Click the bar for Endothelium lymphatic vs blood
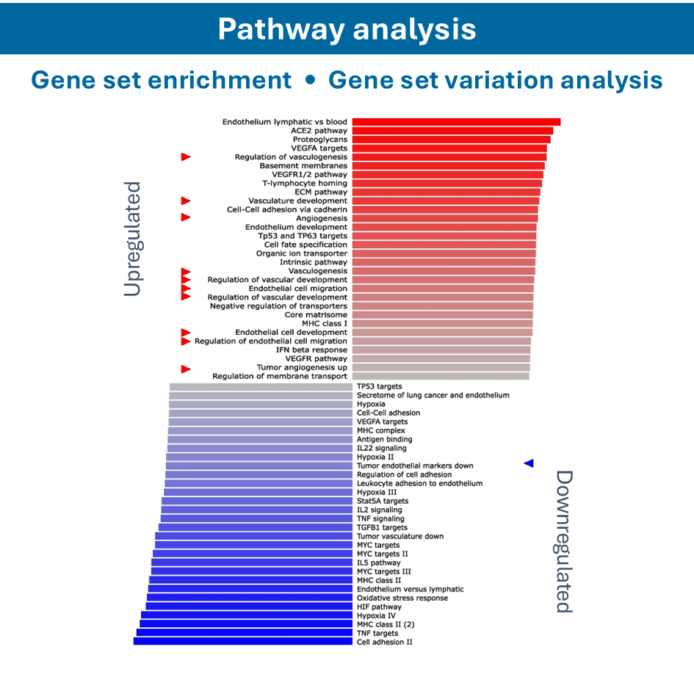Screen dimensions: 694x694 [x=455, y=122]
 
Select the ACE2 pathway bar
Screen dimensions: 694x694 [x=452, y=131]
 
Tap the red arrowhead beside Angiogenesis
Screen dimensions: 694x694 [x=186, y=217]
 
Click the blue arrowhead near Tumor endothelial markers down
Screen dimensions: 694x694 [x=529, y=463]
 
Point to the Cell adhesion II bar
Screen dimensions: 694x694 [x=243, y=642]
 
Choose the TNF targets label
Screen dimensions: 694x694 [x=377, y=633]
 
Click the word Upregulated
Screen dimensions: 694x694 [x=132, y=239]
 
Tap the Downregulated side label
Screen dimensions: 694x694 [x=563, y=541]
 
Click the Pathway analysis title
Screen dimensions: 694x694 [x=347, y=29]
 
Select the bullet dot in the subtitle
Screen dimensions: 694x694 [x=310, y=80]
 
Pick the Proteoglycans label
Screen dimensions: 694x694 [x=320, y=140]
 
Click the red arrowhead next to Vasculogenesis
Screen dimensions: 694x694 [x=186, y=272]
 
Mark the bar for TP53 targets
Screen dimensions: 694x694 [x=261, y=386]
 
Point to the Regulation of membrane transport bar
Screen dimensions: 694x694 [x=441, y=376]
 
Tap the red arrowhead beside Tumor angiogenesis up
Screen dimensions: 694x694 [x=186, y=369]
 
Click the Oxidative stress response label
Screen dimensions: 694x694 [x=402, y=598]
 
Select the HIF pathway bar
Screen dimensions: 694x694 [x=249, y=607]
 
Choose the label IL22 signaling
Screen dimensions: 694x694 [x=382, y=448]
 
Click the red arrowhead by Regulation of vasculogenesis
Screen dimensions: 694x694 [x=186, y=156]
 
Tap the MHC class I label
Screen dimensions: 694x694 [x=325, y=323]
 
